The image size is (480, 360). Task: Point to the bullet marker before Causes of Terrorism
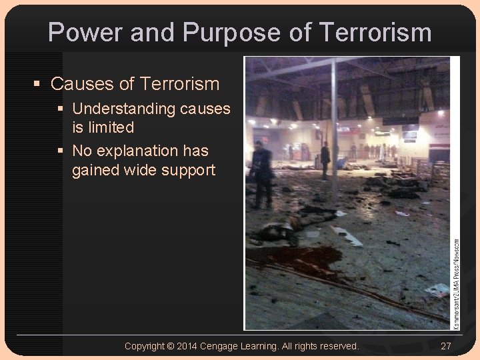pyautogui.click(x=38, y=84)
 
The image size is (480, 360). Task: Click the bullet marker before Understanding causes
pyautogui.click(x=61, y=109)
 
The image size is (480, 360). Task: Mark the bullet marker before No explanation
pyautogui.click(x=61, y=151)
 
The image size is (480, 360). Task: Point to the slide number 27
pyautogui.click(x=447, y=346)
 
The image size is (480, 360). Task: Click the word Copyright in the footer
pyautogui.click(x=144, y=346)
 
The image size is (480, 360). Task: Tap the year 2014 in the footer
pyautogui.click(x=187, y=346)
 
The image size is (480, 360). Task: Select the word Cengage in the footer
pyautogui.click(x=221, y=346)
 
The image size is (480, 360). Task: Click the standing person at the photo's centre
pyautogui.click(x=325, y=160)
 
